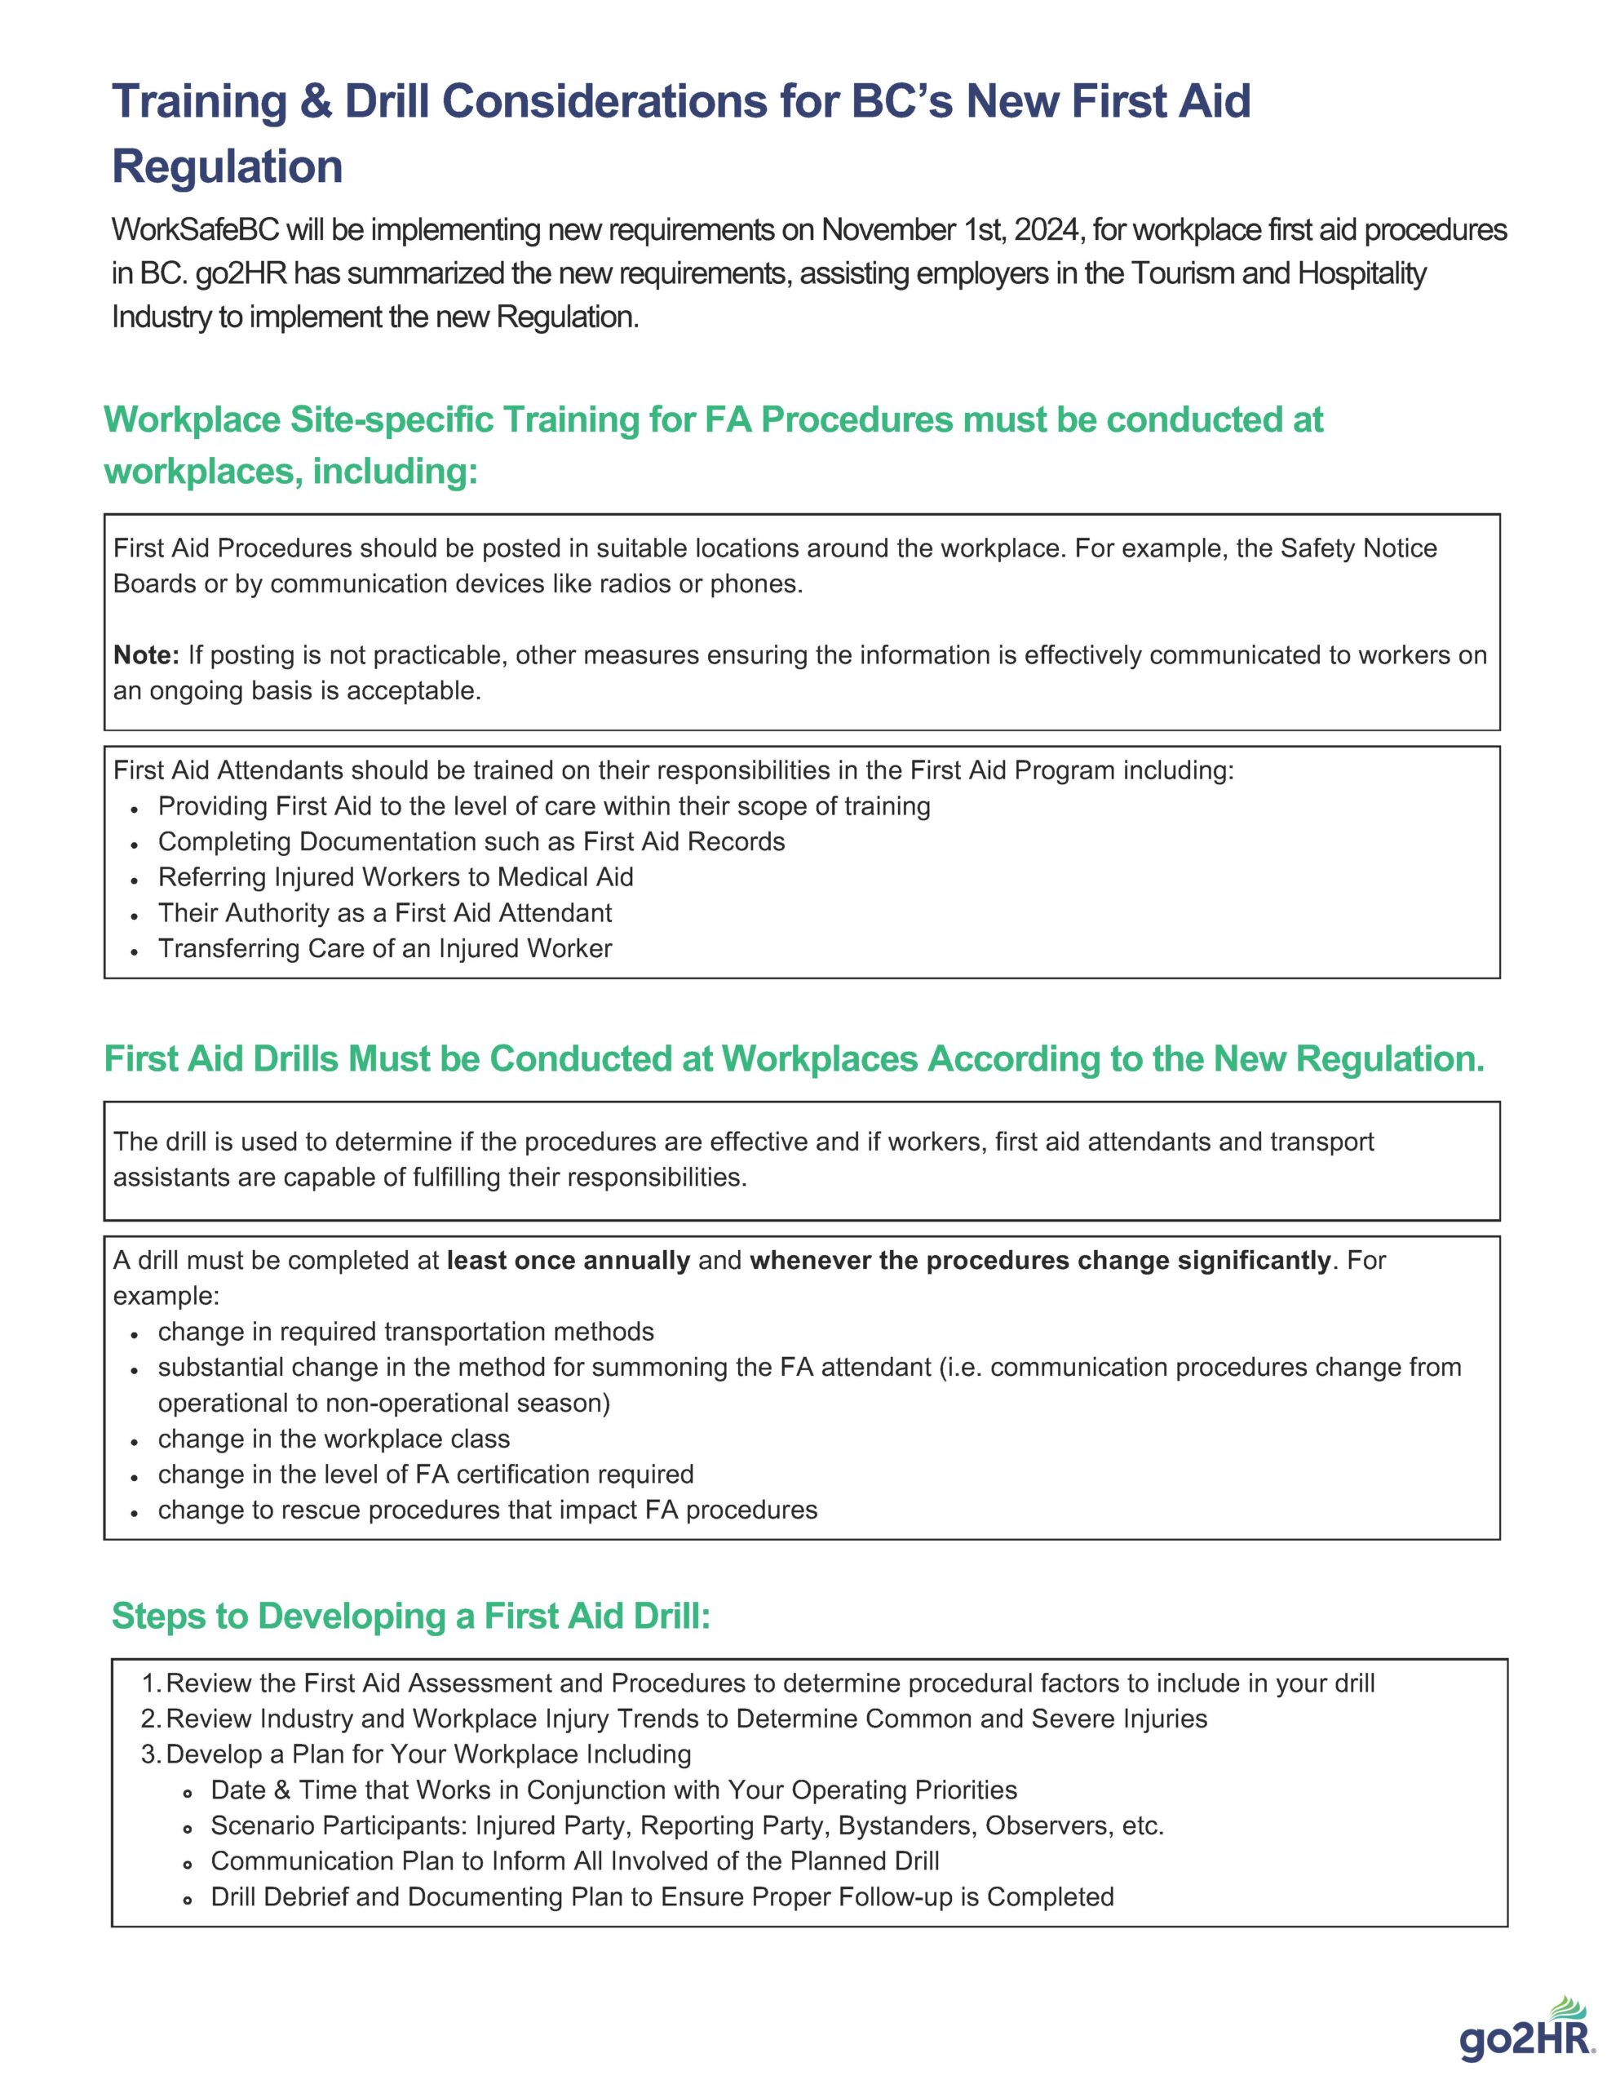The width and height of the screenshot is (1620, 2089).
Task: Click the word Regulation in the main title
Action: pos(227,166)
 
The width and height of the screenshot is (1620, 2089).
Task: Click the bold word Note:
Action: pos(145,655)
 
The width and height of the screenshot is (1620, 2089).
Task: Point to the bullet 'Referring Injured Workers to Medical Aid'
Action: pos(395,877)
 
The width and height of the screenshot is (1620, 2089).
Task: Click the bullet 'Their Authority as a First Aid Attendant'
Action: pos(384,912)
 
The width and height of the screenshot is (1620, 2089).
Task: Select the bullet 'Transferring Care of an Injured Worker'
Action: pos(384,948)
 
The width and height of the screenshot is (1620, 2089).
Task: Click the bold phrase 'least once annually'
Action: pos(568,1260)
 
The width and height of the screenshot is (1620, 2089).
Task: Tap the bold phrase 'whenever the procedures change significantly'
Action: pos(1039,1260)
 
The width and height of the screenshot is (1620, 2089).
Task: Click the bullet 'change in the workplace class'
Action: pos(334,1439)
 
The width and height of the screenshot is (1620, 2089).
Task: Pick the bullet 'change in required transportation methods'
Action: pos(405,1332)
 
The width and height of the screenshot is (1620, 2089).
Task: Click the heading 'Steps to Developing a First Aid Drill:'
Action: pos(411,1616)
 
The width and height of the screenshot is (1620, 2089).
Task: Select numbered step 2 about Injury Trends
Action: pos(686,1719)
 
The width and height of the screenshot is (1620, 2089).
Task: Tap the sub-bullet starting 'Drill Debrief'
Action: pos(662,1896)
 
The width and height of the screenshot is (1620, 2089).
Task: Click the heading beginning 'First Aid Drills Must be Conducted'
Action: pos(794,1059)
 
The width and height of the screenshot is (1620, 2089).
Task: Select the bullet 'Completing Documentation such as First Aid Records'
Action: pos(471,842)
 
